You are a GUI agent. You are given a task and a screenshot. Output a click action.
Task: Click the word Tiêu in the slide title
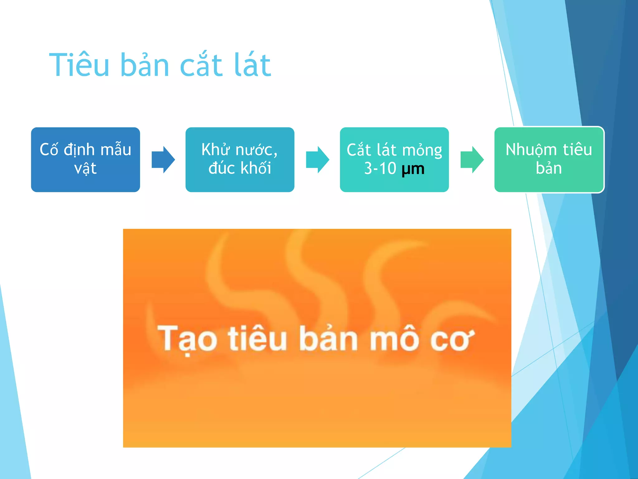[79, 65]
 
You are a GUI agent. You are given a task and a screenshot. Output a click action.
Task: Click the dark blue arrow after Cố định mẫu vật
[163, 159]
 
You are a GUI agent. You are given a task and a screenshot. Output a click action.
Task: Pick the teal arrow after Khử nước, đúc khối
[317, 159]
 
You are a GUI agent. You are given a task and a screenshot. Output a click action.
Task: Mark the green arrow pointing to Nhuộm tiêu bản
[472, 159]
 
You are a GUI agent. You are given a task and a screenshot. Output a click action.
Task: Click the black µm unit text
[413, 169]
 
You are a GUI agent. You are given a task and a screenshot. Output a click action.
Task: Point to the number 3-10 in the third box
[380, 168]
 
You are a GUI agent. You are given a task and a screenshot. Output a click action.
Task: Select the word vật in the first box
[85, 169]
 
